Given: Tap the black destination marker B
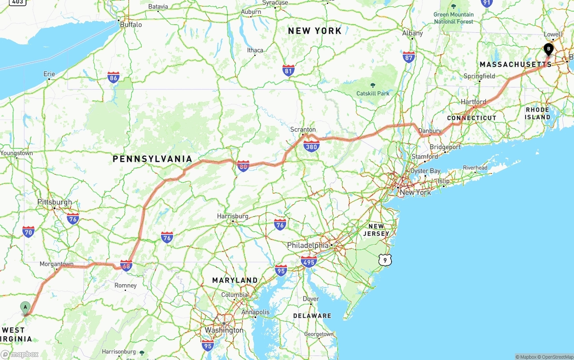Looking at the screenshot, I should tap(548, 49).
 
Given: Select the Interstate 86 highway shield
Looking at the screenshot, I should tap(113, 78).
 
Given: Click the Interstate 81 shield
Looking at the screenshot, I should tap(288, 70).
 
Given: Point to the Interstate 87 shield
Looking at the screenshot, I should tap(409, 57).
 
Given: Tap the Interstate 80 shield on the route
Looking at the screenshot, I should tap(243, 166).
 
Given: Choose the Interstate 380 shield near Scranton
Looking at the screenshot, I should tap(311, 146).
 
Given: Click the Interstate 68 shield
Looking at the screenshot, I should tap(126, 265).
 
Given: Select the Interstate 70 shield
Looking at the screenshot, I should tap(28, 232).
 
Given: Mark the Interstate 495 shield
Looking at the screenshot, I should tap(309, 262).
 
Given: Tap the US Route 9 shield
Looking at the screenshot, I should tap(385, 260).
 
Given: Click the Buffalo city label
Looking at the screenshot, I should tap(131, 25).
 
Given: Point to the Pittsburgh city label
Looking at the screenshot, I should tap(55, 202).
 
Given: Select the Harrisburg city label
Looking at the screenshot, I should tap(233, 216).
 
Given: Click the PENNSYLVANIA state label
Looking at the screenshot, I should tap(152, 159).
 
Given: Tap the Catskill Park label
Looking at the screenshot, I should tap(373, 93).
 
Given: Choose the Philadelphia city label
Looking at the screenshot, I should tap(308, 246).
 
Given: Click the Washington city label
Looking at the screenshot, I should tap(224, 330).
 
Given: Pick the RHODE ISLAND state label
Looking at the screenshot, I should tap(538, 113).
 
